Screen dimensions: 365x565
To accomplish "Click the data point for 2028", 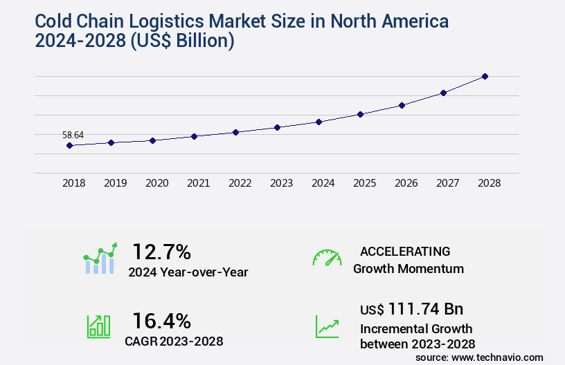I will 485,76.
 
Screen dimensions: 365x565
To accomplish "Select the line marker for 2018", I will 69,145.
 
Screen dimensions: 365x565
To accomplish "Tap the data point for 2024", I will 319,122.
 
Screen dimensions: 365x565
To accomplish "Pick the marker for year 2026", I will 402,105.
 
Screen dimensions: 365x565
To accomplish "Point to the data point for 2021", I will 194,136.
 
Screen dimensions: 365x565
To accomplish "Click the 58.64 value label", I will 73,135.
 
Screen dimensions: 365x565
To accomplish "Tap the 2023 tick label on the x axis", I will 281,183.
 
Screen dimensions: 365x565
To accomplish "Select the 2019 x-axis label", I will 115,183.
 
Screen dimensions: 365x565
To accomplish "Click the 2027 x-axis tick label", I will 447,183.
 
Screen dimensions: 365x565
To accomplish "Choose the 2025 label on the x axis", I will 364,183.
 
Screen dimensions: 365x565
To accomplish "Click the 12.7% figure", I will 161,252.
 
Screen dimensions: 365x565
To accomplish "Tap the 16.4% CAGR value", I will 161,321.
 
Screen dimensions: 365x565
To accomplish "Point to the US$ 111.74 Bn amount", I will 411,308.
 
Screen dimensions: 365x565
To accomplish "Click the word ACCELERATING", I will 405,251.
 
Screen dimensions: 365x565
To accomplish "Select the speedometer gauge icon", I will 327,258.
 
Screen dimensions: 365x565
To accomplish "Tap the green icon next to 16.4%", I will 98,326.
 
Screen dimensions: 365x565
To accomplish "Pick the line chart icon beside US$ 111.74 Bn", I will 327,326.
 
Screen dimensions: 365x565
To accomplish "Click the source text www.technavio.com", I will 499,357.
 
